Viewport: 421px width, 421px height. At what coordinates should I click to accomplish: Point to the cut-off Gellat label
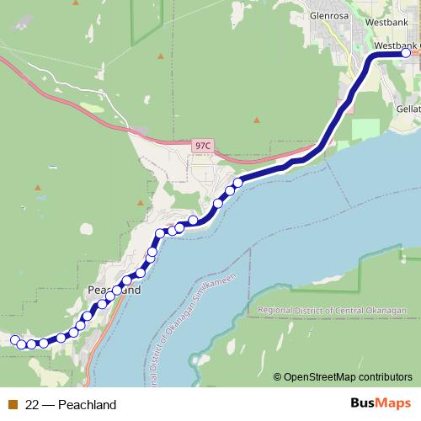pos(408,109)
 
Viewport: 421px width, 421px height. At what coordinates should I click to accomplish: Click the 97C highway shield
pos(202,146)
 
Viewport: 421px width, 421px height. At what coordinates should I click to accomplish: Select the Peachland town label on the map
pos(113,289)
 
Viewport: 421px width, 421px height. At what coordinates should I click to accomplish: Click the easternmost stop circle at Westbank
pos(406,53)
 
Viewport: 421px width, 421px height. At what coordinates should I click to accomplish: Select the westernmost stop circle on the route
pos(15,339)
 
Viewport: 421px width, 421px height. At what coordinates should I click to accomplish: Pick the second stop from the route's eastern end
pos(238,182)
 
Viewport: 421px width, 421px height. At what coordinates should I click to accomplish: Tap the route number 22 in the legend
pos(33,404)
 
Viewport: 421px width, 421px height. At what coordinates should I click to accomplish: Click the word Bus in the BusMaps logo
pos(364,403)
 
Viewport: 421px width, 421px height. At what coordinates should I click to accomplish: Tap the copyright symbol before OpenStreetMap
pos(278,377)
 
